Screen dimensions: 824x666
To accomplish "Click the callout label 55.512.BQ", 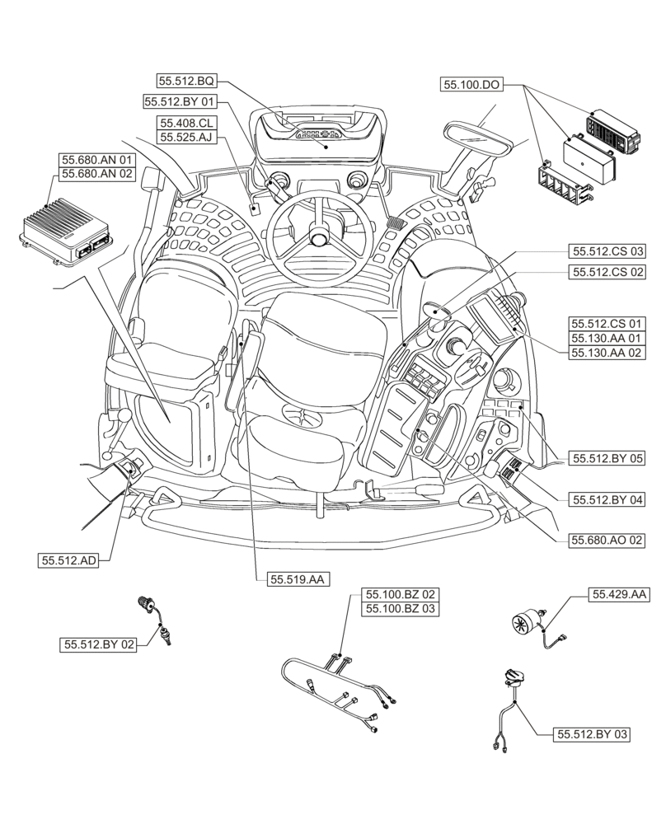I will click(x=187, y=81).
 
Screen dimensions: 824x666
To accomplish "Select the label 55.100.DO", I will click(x=472, y=84).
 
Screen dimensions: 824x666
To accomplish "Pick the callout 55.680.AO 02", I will click(x=606, y=541).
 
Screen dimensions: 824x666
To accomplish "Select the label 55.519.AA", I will click(x=298, y=580).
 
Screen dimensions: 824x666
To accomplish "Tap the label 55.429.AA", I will click(x=618, y=594).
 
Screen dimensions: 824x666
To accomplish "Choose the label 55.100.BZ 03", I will click(x=399, y=609).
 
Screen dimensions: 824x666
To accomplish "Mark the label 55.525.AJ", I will click(x=187, y=138).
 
